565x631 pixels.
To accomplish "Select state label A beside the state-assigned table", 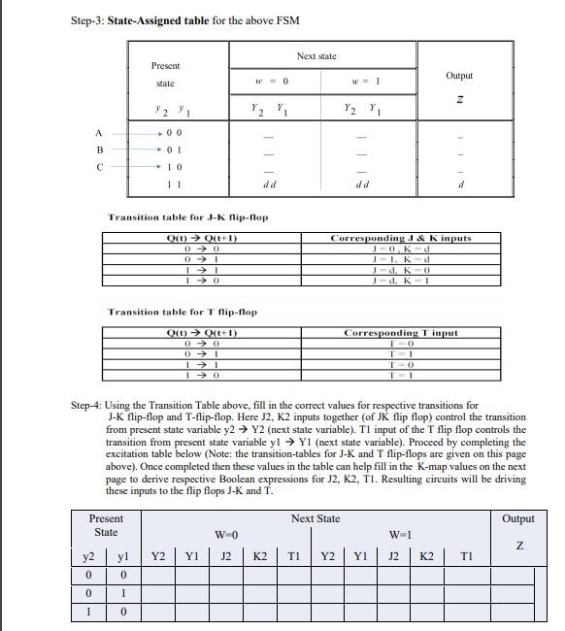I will click(x=97, y=133).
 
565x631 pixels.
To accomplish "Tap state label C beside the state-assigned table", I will click(x=97, y=167).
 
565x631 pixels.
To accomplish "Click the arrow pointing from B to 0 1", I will click(x=137, y=150).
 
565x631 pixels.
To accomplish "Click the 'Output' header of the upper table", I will click(x=459, y=75).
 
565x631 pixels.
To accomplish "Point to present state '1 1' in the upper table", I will click(x=173, y=183).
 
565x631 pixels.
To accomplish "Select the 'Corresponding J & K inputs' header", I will click(x=400, y=238).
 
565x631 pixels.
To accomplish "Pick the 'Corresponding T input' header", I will click(x=400, y=332).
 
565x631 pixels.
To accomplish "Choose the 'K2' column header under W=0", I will click(x=260, y=556).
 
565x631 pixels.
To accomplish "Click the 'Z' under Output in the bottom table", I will click(x=521, y=547).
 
